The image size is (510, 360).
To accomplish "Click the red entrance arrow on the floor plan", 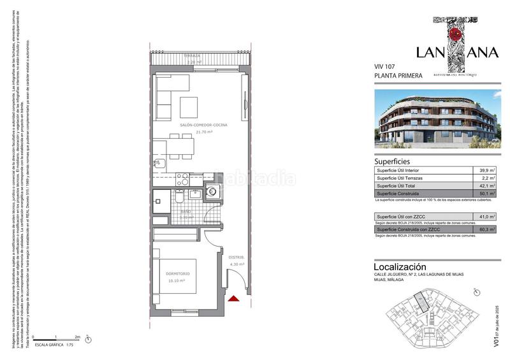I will click(x=234, y=298).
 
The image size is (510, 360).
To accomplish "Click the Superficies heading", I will click(x=392, y=162).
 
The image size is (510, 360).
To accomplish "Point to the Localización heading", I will click(x=400, y=266).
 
